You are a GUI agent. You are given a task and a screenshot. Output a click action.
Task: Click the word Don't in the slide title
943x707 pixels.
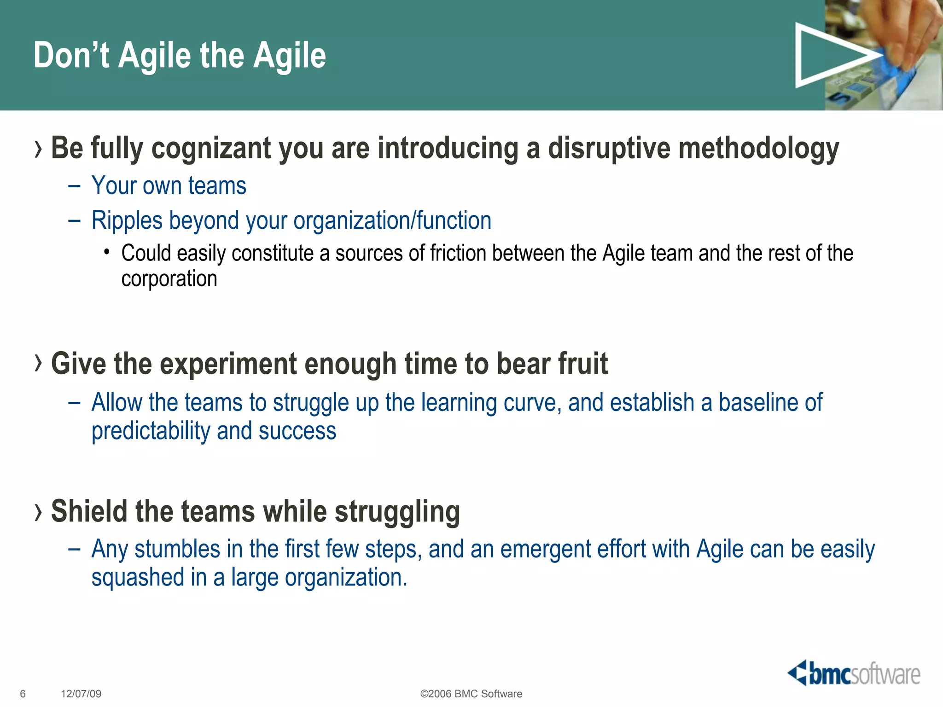coord(71,55)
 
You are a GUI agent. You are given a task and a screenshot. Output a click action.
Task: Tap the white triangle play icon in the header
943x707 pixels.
coord(829,55)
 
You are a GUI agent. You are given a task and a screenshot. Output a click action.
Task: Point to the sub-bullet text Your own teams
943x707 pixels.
coord(169,186)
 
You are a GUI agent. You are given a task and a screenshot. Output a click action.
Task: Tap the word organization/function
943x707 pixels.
coord(392,221)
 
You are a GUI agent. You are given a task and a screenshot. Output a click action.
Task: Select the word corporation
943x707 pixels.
coord(169,279)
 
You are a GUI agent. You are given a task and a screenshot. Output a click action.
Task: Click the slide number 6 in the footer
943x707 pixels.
coord(23,694)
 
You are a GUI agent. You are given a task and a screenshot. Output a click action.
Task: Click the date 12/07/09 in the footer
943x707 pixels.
coord(81,694)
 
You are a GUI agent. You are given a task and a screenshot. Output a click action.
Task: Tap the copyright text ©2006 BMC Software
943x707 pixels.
coord(471,694)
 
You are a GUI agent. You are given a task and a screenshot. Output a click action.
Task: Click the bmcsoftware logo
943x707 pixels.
coord(854,674)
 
